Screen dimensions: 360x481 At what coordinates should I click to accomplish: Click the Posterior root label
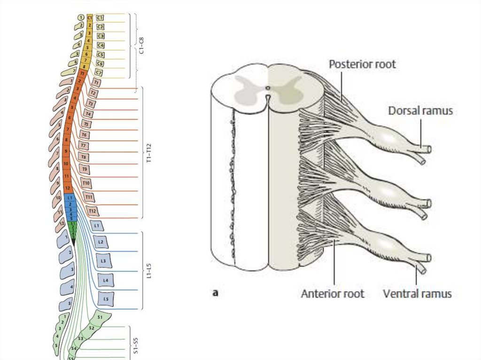tap(362, 64)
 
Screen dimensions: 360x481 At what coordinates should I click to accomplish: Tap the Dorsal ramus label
tap(420, 111)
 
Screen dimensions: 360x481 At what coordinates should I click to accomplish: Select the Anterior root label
tap(333, 294)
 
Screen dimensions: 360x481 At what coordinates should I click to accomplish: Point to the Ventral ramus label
tap(418, 294)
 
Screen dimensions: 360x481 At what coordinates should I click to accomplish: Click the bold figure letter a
tap(216, 293)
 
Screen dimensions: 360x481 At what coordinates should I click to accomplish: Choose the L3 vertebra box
tap(103, 260)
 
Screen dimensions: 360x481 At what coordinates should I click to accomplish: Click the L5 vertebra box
tap(106, 298)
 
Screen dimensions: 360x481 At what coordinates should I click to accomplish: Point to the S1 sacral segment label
tap(100, 318)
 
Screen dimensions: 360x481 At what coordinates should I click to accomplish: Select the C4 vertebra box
tap(100, 45)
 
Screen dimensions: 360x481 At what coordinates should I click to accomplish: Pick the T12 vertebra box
tap(92, 211)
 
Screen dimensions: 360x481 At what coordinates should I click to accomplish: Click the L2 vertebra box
tap(101, 243)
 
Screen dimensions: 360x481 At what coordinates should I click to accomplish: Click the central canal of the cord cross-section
tap(267, 88)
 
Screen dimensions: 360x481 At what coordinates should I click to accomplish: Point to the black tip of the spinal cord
tap(73, 241)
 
